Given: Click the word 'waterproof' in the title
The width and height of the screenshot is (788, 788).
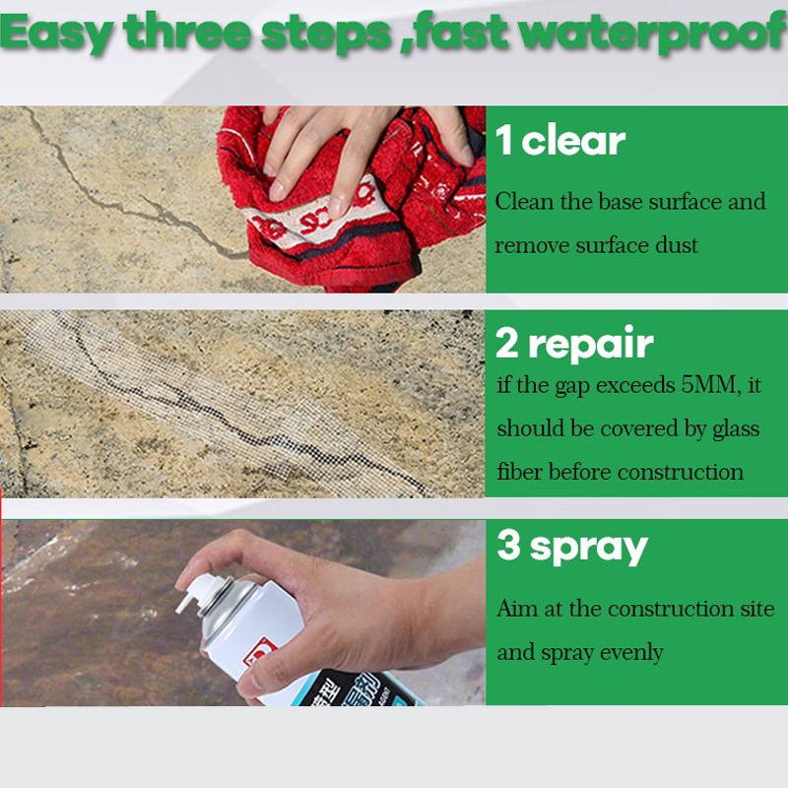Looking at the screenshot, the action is tap(653, 33).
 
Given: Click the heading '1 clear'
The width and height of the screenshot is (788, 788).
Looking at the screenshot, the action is tap(560, 140).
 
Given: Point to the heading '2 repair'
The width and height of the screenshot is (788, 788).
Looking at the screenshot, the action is tap(574, 344).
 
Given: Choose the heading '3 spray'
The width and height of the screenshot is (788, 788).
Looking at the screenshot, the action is tap(572, 549).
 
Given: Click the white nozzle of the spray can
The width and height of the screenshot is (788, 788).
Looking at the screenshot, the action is tap(196, 592).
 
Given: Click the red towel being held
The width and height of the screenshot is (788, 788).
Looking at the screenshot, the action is tap(352, 201).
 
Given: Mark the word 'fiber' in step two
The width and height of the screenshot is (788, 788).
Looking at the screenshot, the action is tap(520, 472).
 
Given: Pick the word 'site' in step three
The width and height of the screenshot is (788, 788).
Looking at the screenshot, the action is tap(757, 609).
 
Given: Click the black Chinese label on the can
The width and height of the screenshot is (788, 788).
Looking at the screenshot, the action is tap(352, 689).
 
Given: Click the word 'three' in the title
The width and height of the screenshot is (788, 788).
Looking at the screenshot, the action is tap(187, 33).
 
